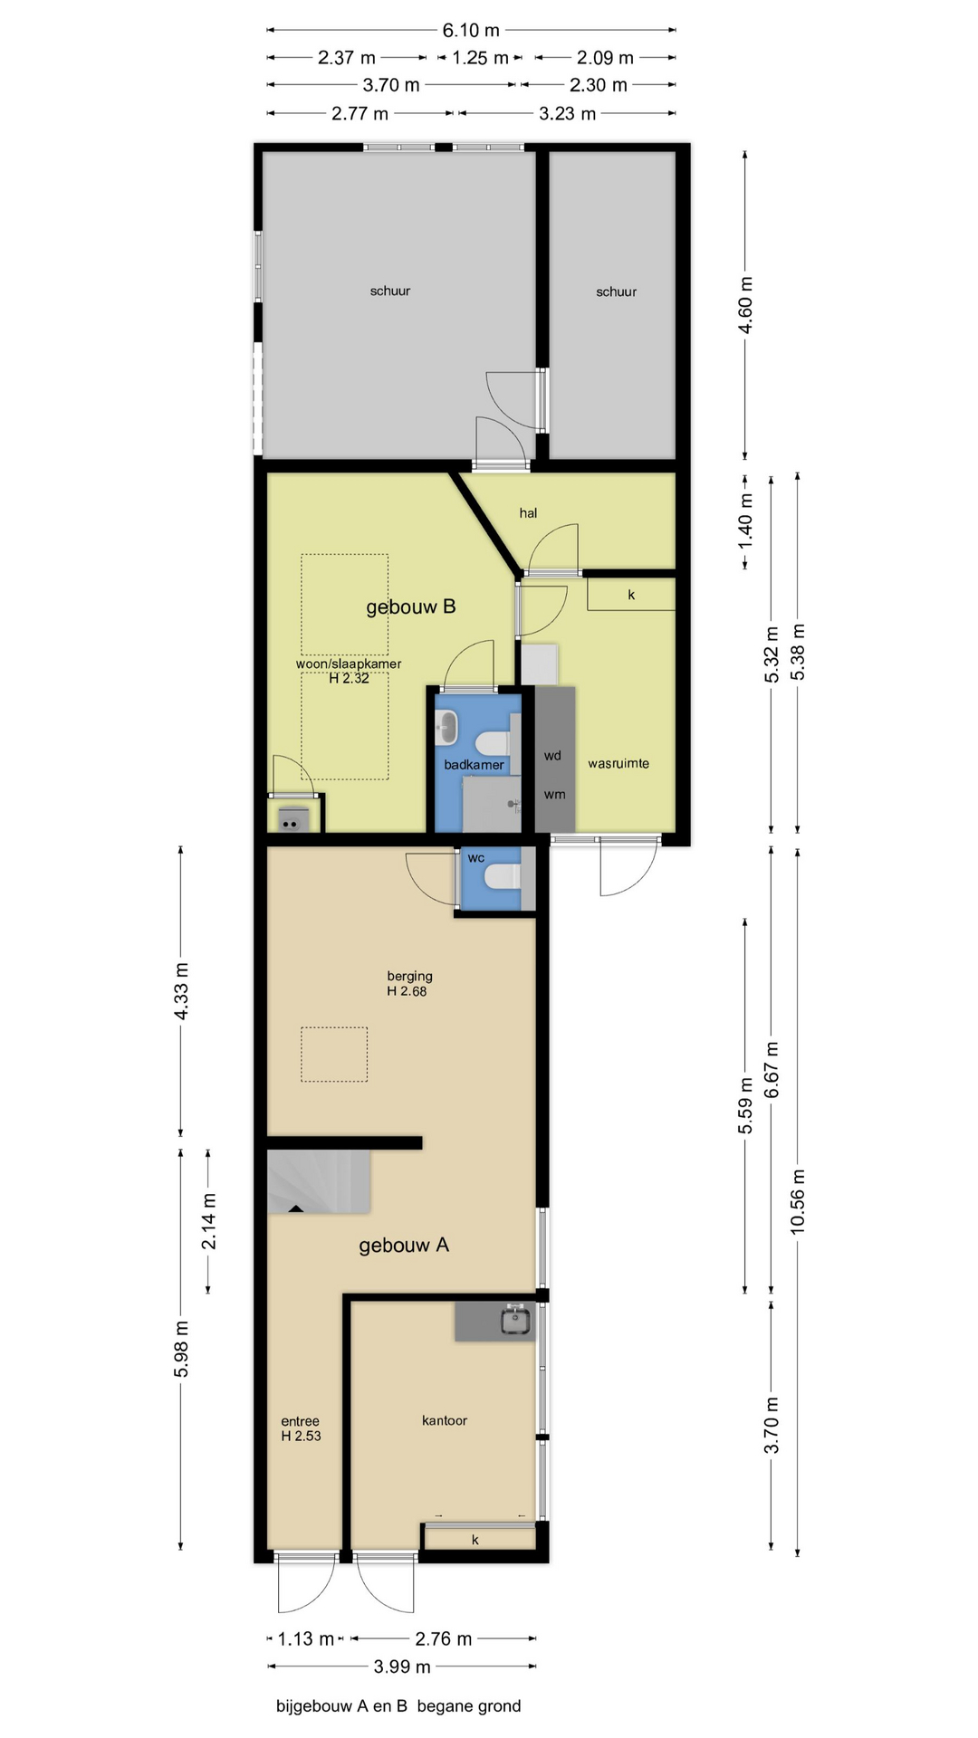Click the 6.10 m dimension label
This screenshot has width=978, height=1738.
coord(471,31)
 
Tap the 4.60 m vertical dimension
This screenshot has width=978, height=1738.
coord(745,304)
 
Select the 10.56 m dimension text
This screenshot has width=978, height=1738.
coord(798,1201)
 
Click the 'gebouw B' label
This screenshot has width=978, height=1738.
coord(410,606)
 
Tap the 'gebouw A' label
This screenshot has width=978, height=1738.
coord(404,1245)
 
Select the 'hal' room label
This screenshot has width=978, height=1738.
coord(528,513)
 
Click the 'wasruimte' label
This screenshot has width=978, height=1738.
coord(618,763)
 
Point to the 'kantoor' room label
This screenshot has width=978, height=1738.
coord(445,1420)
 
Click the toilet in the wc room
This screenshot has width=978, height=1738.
coord(503,876)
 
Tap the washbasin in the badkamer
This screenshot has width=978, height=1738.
coord(446,727)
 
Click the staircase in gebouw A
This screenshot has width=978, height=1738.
coord(319,1181)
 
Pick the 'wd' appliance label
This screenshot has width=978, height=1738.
coord(552,756)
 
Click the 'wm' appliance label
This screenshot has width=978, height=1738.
coord(554,795)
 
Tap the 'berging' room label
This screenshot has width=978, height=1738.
coord(409,976)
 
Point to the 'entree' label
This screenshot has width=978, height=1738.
coord(300,1421)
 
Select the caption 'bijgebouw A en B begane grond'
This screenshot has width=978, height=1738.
coord(398,1706)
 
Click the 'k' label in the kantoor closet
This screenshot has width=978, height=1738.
coord(475,1540)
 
